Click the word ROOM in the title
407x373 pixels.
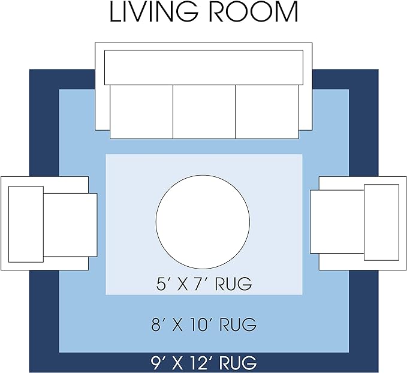click(254, 12)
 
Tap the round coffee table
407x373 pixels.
click(203, 221)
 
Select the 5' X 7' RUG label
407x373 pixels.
click(204, 284)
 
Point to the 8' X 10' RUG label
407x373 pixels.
click(204, 324)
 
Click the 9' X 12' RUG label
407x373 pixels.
click(204, 363)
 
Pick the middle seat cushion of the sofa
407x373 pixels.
click(204, 112)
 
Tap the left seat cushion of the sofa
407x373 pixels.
click(141, 112)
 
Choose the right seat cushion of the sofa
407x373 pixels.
click(267, 112)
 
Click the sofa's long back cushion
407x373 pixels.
click(204, 67)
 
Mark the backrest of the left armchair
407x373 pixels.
click(26, 224)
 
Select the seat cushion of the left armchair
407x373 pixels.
click(70, 225)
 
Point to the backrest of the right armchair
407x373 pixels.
click(381, 222)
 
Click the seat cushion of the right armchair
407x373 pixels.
click(337, 221)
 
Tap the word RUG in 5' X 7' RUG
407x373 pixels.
click(233, 284)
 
